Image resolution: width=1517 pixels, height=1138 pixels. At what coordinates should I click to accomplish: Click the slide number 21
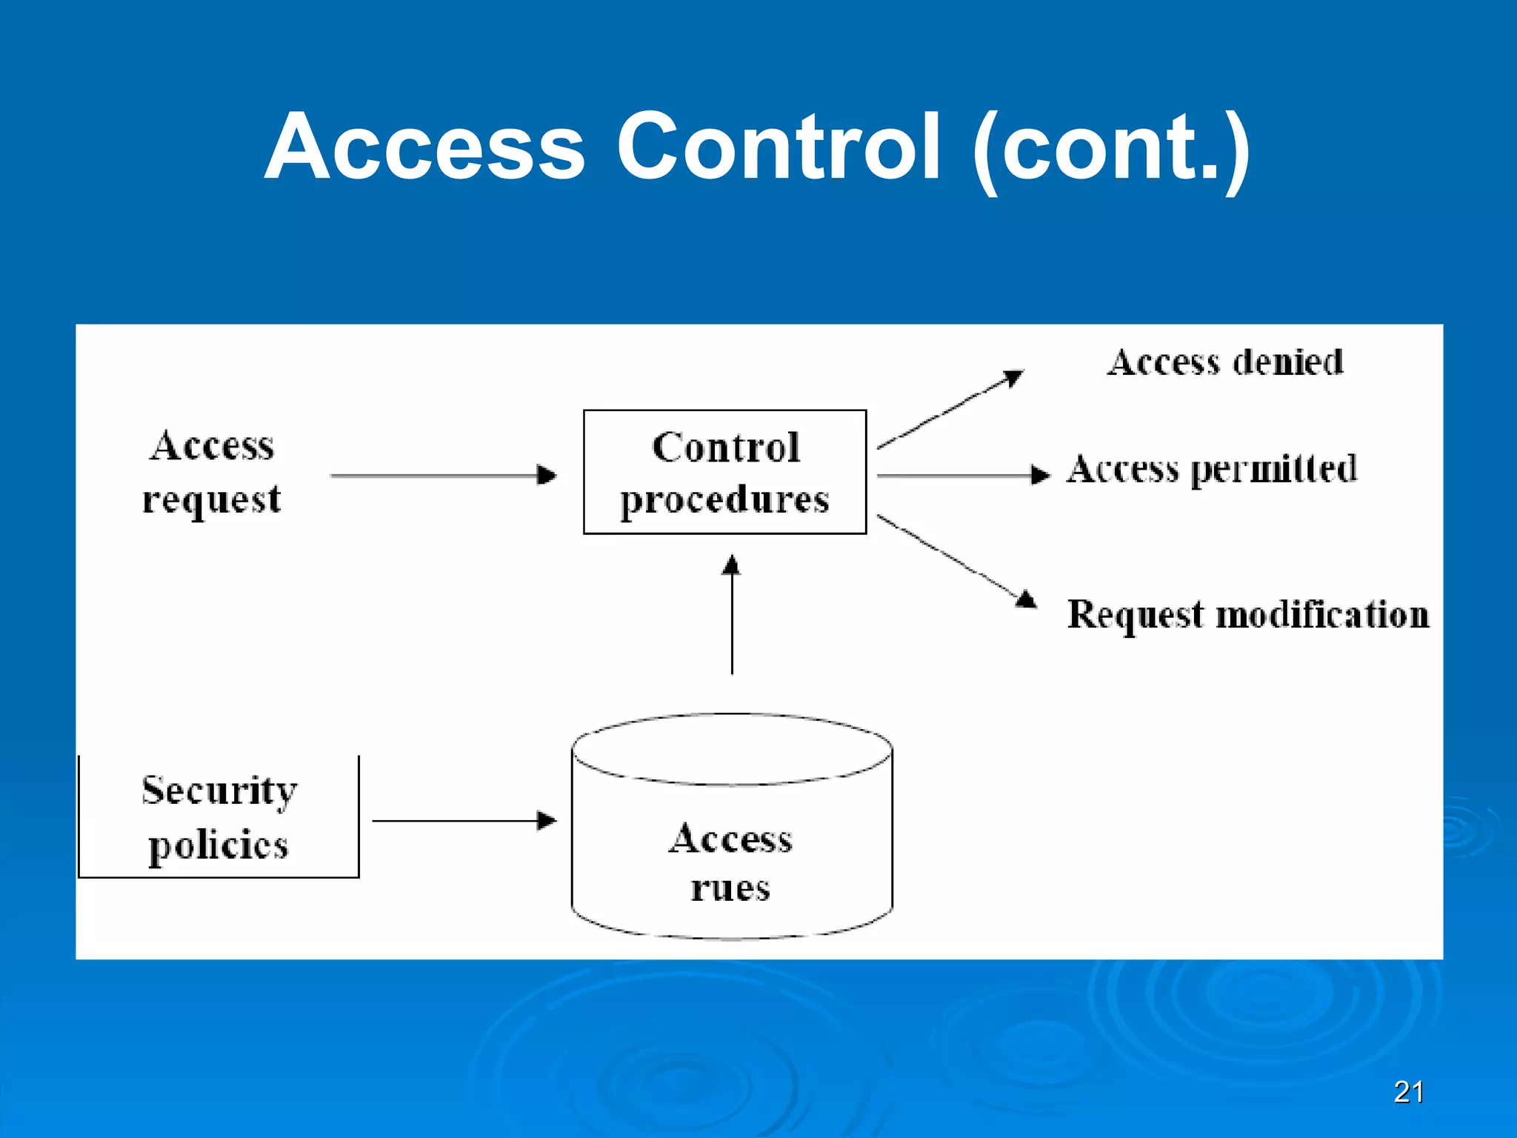click(1408, 1092)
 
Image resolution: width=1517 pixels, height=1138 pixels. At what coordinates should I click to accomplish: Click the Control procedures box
click(724, 471)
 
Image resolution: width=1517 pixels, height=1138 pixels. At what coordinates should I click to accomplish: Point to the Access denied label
click(1224, 363)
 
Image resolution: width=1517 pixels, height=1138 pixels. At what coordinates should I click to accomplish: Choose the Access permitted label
click(1212, 470)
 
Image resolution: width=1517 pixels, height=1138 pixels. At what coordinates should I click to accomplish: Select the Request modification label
click(1248, 615)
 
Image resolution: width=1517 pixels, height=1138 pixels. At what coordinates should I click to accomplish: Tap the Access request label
click(212, 473)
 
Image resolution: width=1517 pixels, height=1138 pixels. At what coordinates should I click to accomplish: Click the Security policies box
click(219, 817)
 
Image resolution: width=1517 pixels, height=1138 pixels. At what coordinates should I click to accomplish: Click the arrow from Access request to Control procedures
click(443, 475)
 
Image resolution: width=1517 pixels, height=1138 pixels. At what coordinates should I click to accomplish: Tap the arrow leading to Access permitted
click(963, 475)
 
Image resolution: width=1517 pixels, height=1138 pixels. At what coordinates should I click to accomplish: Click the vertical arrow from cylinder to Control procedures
click(732, 615)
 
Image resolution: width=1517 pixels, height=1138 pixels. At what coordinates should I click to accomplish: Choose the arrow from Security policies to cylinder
click(464, 821)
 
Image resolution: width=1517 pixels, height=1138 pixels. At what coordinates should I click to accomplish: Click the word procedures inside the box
click(724, 500)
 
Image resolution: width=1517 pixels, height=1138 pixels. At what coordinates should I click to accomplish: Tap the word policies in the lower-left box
click(219, 846)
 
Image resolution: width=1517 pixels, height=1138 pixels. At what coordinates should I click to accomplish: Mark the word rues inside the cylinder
click(730, 888)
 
